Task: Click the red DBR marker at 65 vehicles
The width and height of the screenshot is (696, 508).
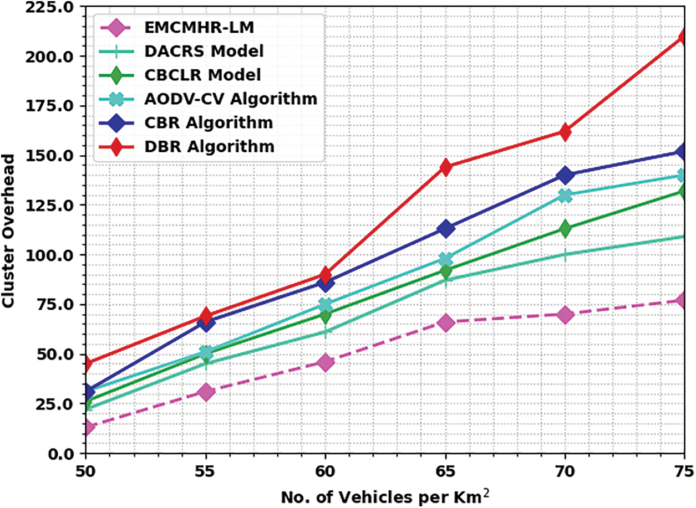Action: click(445, 167)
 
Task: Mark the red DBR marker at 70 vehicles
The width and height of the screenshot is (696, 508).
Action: click(565, 132)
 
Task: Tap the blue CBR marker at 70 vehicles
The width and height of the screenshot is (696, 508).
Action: click(565, 175)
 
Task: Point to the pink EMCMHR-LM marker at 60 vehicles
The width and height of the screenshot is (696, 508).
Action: click(326, 363)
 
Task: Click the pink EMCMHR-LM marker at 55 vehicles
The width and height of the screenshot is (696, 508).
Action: click(206, 392)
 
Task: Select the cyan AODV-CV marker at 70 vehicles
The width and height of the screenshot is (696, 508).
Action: click(565, 195)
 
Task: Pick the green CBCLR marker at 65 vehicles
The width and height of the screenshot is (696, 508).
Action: click(445, 271)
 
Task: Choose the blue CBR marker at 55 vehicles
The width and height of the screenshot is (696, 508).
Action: click(206, 323)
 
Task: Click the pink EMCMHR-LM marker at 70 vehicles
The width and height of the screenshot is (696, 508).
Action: click(565, 315)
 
